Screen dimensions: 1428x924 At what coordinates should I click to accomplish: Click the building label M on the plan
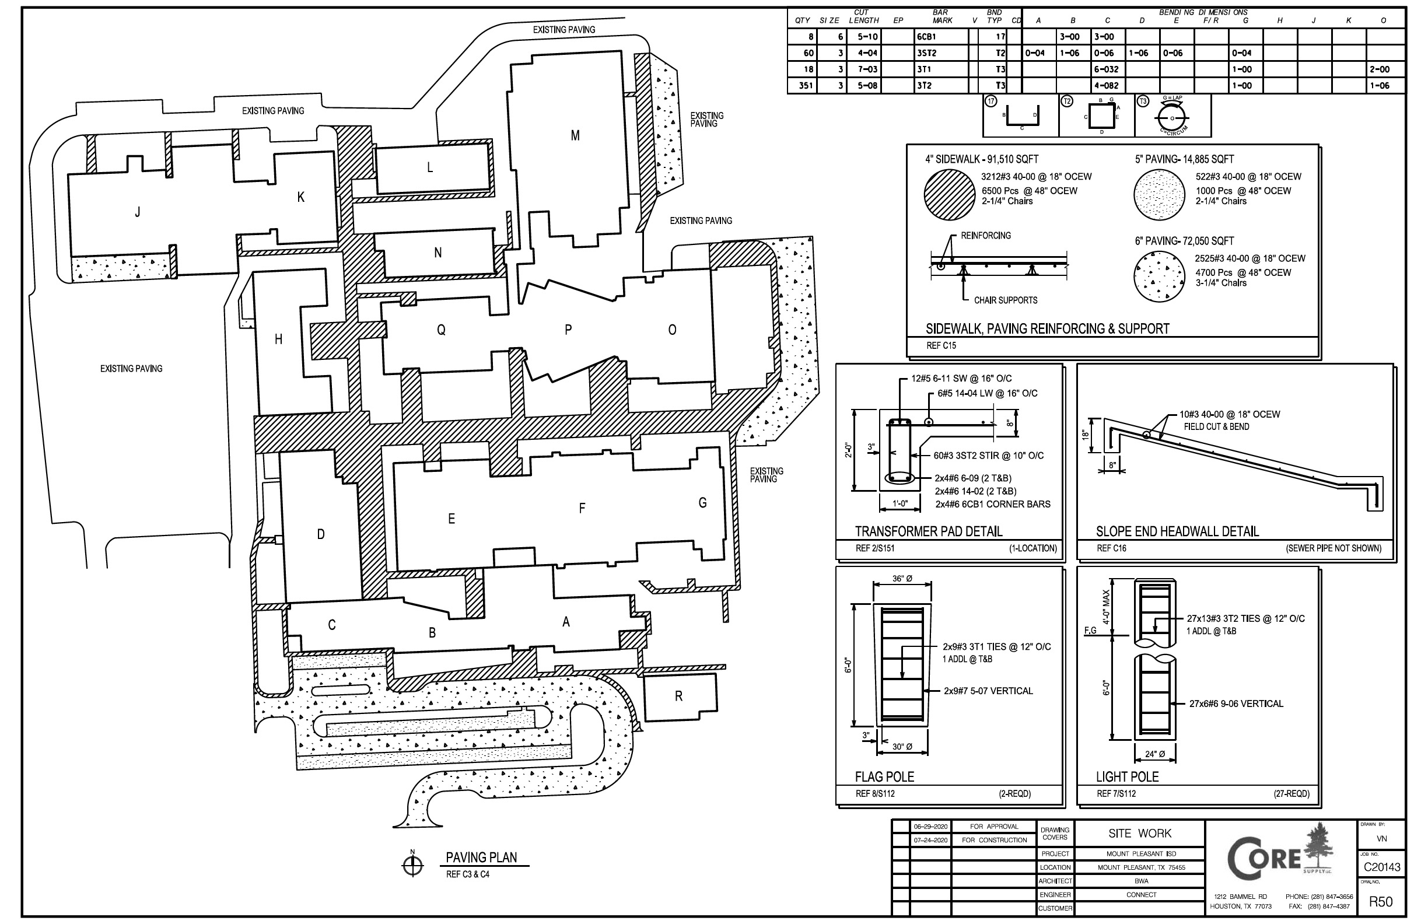pos(575,135)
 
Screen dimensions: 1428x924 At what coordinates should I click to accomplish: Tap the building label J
pos(138,212)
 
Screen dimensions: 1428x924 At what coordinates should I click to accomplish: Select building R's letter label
pos(678,696)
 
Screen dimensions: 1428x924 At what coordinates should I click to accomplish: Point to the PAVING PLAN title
pos(481,857)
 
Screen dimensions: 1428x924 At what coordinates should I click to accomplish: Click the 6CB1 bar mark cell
pos(926,37)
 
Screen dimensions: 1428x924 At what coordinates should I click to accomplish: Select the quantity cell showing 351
pos(805,86)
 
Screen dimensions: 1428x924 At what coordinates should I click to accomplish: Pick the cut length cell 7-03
pos(867,69)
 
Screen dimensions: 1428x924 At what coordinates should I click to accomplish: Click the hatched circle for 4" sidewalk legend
pos(949,194)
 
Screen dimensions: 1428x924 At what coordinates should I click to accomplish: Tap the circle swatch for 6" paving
pos(1159,276)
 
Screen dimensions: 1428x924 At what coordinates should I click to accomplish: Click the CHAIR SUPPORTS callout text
pos(1006,300)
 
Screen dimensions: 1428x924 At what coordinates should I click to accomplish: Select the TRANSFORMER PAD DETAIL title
pos(928,531)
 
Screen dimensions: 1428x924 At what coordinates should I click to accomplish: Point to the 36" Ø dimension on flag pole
pos(902,579)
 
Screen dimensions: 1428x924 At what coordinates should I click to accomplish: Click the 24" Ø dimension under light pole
pos(1155,754)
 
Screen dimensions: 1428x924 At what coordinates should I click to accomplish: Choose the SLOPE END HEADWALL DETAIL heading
pos(1177,531)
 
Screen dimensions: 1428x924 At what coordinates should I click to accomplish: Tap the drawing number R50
pos(1381,901)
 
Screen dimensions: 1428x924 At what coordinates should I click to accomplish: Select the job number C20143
pos(1382,867)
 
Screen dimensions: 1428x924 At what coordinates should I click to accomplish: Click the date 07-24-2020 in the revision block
pos(930,840)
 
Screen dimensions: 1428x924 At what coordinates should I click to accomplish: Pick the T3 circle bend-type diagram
pos(1172,116)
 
